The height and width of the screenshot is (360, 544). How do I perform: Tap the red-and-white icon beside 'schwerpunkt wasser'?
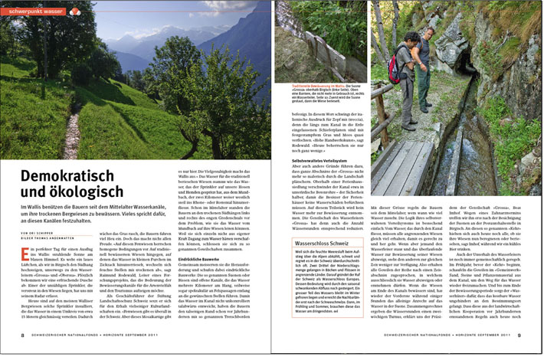[74, 11]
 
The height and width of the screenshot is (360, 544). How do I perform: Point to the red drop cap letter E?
[26, 253]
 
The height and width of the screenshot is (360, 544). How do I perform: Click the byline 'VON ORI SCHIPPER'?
[38, 231]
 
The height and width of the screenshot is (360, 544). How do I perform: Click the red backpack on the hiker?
[394, 66]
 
